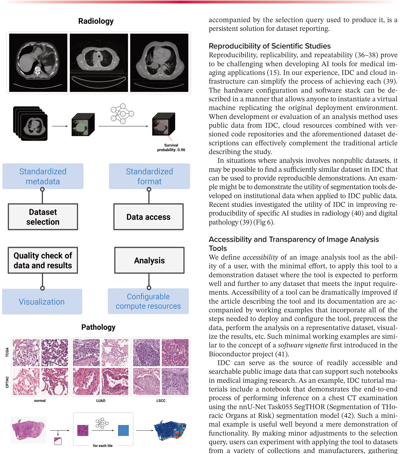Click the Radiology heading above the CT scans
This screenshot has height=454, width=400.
pos(96,21)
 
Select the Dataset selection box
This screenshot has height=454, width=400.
pos(43,217)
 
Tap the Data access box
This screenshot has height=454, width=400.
pos(148,217)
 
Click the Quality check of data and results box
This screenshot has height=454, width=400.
pos(43,260)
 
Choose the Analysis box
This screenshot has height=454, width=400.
pos(149,260)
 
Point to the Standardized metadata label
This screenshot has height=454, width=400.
pos(43,176)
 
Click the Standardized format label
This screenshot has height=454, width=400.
pos(149,176)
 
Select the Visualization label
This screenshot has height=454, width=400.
pos(42,302)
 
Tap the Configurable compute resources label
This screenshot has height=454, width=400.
pos(148,301)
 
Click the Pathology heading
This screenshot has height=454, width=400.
pos(98,327)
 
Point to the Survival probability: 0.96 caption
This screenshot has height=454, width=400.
pos(171,147)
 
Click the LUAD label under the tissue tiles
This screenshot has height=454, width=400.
pos(101,400)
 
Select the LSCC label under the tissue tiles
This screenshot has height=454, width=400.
pos(161,400)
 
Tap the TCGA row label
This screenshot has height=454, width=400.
pos(7,352)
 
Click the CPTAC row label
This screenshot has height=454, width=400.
pos(7,382)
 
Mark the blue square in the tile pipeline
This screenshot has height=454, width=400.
pos(123,430)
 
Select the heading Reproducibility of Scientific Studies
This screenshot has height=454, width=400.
pos(269,46)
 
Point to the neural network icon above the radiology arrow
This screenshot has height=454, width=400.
pos(122,114)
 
